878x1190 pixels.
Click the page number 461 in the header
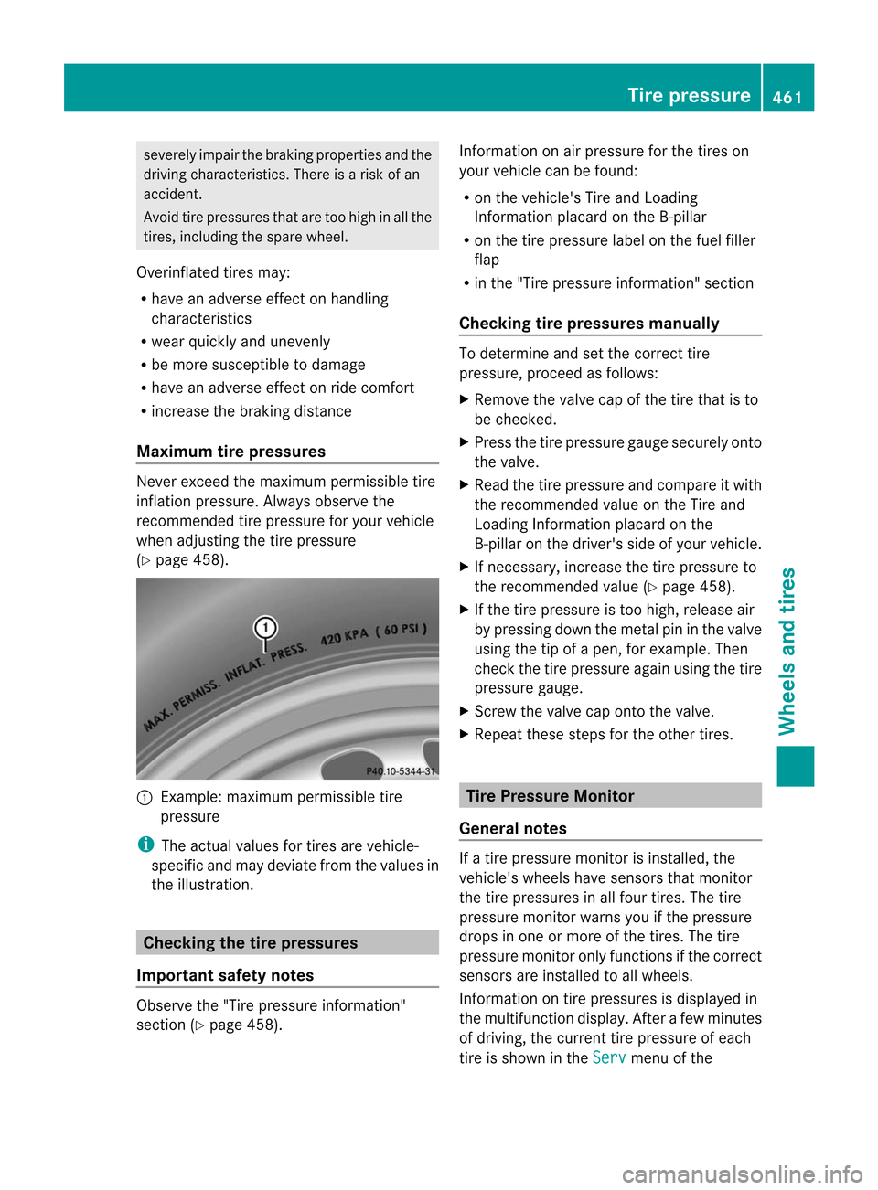(x=787, y=97)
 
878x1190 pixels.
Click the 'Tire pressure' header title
(x=688, y=95)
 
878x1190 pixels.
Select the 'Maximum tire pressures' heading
(x=230, y=452)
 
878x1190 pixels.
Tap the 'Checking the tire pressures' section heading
(x=251, y=943)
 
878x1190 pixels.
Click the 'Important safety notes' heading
(x=225, y=975)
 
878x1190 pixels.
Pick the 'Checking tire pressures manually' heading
(x=589, y=324)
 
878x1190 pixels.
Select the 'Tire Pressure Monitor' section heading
(x=550, y=796)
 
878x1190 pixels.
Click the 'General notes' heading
(x=513, y=829)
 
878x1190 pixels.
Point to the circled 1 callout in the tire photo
(x=265, y=628)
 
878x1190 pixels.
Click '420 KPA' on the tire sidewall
(x=344, y=636)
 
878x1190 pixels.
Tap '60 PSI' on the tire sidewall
(x=403, y=629)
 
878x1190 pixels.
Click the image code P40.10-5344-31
(x=401, y=771)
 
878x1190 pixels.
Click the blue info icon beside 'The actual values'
(x=144, y=845)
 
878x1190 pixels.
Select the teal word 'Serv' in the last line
(x=609, y=1057)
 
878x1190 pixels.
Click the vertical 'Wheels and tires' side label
(x=787, y=651)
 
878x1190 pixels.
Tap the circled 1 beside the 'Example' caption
(x=144, y=797)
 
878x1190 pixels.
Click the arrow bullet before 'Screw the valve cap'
(x=464, y=711)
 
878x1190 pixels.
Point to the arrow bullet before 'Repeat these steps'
(x=464, y=734)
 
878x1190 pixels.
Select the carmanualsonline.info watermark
(x=742, y=1174)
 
